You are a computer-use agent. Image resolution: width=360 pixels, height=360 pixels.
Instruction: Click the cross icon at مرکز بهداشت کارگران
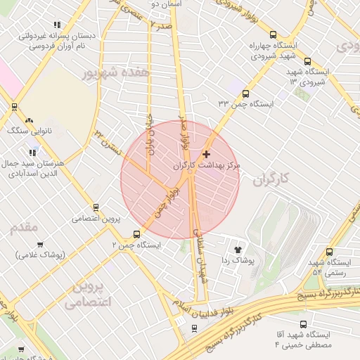coord(206,153)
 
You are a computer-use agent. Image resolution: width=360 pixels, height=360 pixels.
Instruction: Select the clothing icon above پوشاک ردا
coord(238,248)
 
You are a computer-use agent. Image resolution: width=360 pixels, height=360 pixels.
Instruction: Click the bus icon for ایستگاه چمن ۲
coord(136,234)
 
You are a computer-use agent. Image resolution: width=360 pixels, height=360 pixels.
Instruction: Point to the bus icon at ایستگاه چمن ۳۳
coord(245,93)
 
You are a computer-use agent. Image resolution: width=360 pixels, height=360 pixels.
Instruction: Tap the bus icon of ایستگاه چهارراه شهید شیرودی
coord(274,34)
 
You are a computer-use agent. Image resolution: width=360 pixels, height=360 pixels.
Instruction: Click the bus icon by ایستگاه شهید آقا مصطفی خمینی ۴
coord(303,325)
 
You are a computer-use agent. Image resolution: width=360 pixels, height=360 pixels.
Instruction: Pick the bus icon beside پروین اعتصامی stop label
coord(96,207)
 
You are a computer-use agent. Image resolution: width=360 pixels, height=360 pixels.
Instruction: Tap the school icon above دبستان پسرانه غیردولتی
coord(57,25)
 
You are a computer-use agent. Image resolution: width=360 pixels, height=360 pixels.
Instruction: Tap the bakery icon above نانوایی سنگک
coord(29,120)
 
